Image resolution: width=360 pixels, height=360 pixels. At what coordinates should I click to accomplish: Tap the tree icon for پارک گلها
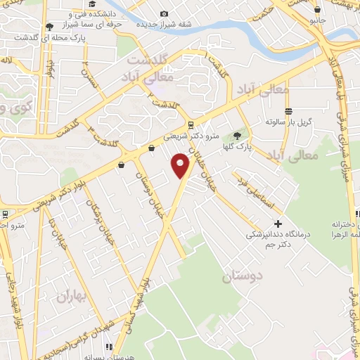[237, 135]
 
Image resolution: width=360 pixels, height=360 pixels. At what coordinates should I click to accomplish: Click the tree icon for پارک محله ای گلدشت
[49, 27]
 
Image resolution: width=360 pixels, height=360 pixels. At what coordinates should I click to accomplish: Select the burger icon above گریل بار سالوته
[288, 111]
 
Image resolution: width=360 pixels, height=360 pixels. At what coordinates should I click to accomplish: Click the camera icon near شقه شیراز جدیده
[165, 13]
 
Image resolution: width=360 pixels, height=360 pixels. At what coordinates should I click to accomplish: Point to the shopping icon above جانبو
[318, 10]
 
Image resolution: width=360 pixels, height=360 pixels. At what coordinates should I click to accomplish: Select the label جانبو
[319, 21]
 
